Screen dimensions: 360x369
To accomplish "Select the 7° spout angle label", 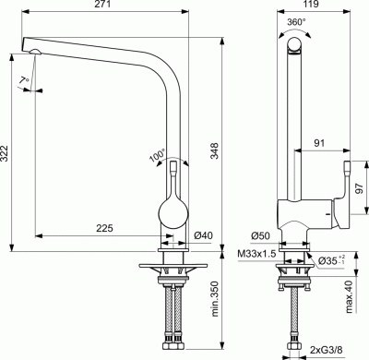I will click(21, 83).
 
